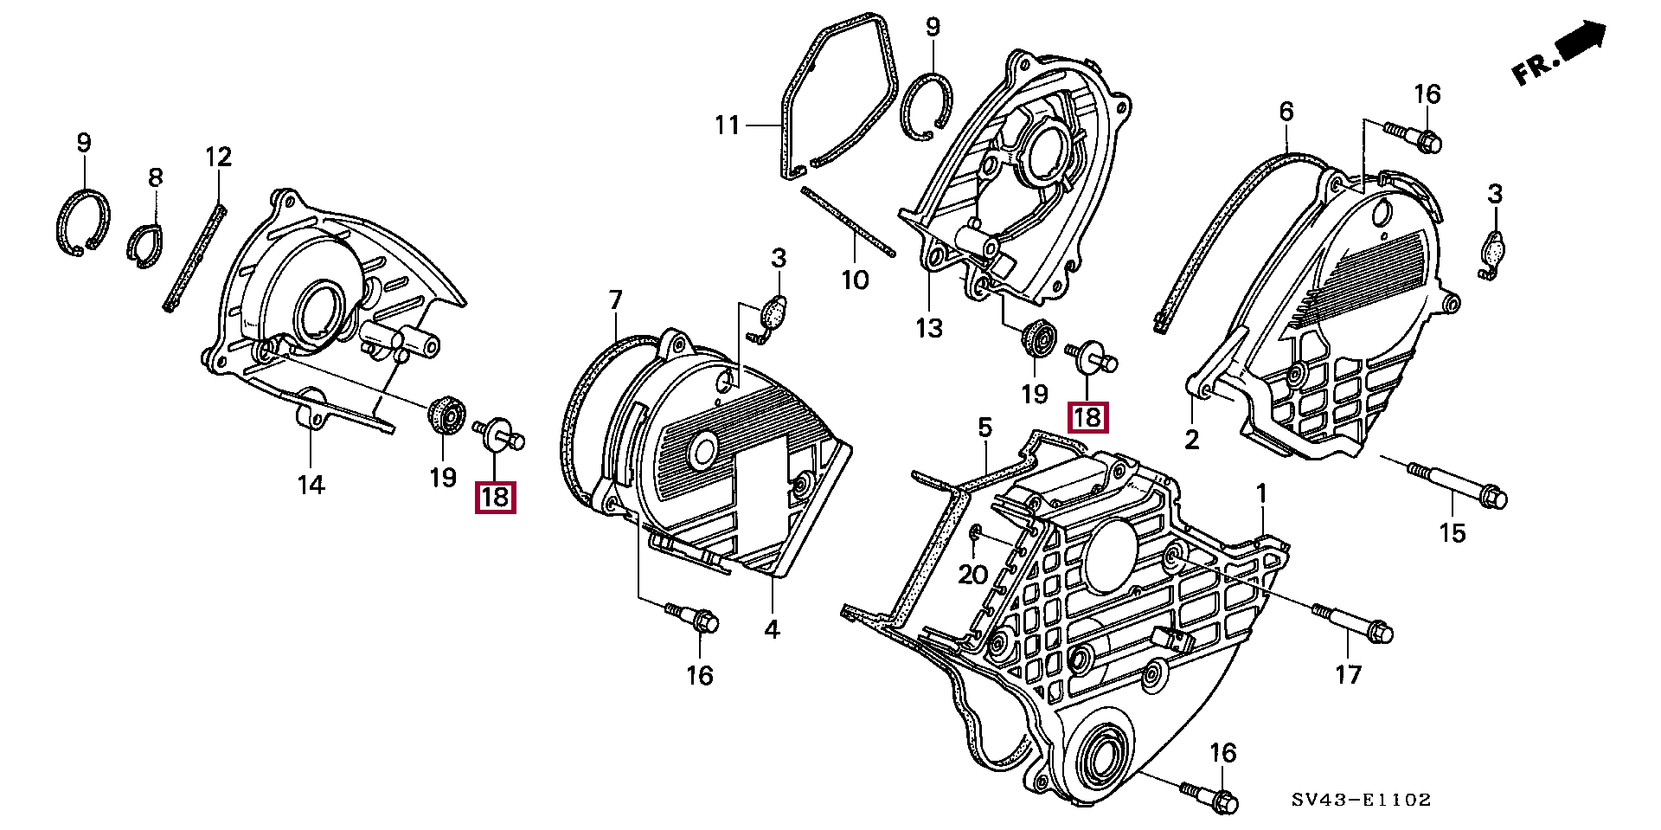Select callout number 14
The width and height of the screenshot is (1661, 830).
(x=311, y=485)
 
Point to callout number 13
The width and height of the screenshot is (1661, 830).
(x=930, y=328)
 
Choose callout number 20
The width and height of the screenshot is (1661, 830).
(x=973, y=573)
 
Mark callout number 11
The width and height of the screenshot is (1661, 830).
(x=728, y=126)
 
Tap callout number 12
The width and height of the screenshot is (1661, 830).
(x=219, y=158)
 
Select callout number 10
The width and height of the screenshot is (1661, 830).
(x=855, y=280)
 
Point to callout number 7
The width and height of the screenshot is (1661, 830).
(x=615, y=300)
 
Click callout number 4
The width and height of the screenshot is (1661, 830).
(x=772, y=629)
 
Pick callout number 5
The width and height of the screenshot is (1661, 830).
(x=984, y=428)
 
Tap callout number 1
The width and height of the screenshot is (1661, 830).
(x=1261, y=494)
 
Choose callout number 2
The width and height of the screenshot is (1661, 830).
(x=1192, y=440)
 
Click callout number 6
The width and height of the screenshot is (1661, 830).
(x=1286, y=112)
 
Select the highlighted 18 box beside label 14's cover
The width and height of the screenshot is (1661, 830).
(x=496, y=498)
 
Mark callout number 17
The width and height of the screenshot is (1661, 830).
(x=1348, y=673)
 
